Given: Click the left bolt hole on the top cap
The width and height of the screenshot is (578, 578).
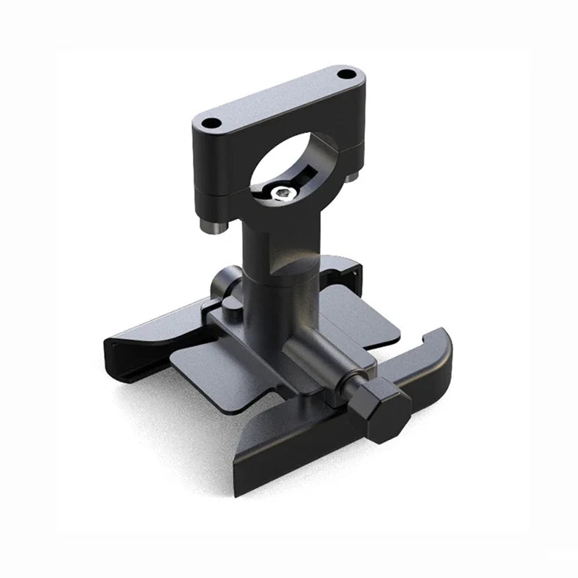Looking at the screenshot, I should click(x=212, y=123).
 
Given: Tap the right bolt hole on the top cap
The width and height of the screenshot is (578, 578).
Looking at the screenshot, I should click(x=347, y=74).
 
